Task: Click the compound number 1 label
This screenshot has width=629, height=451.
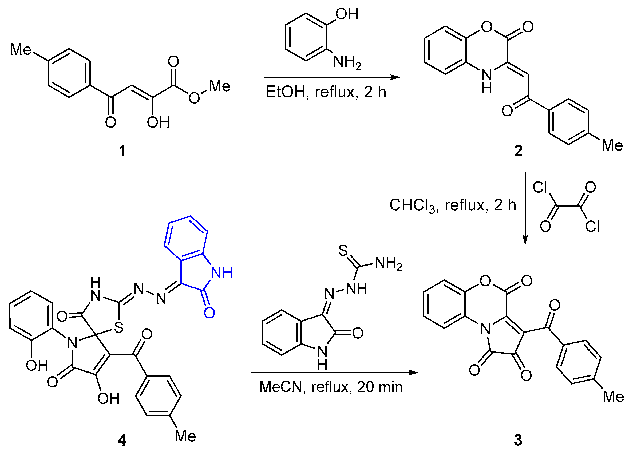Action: (x=122, y=151)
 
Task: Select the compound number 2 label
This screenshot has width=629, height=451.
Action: (x=518, y=151)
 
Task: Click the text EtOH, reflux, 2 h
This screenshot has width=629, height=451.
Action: (x=326, y=92)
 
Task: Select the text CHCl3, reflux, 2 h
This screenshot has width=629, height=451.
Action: (x=452, y=205)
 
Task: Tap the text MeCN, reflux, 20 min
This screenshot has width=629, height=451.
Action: (x=331, y=387)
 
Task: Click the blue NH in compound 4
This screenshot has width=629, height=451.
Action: (x=221, y=273)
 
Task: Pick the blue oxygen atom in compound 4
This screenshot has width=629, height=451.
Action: (x=209, y=313)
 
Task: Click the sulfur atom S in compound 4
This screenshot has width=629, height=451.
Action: (x=119, y=328)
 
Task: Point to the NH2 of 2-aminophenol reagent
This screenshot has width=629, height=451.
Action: (x=347, y=62)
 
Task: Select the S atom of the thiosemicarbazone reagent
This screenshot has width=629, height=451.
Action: (x=343, y=251)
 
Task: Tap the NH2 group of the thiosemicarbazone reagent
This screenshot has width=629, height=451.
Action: (x=388, y=263)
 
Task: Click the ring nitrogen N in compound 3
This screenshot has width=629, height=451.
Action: (x=485, y=329)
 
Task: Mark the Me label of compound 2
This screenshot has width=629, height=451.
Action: (x=612, y=145)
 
